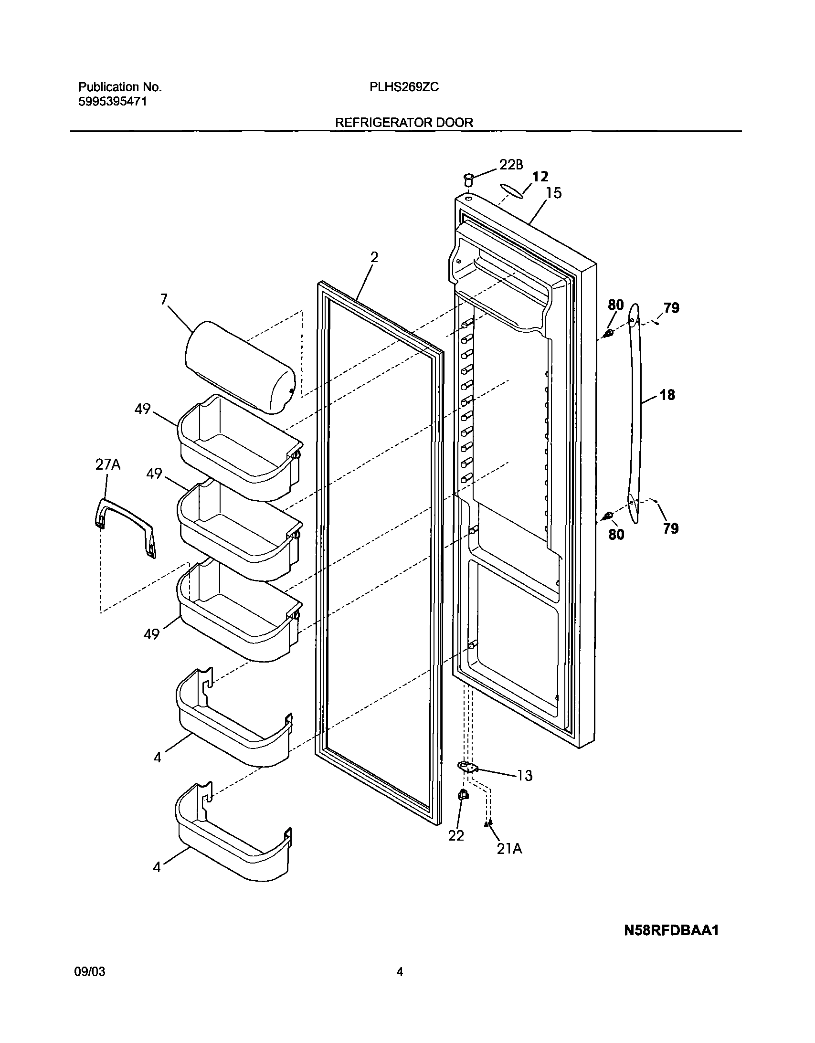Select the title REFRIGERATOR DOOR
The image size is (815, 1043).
click(x=404, y=123)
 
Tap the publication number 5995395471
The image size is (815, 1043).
click(x=112, y=101)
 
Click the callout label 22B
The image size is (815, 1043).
click(x=511, y=165)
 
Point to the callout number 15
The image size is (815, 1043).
click(x=554, y=193)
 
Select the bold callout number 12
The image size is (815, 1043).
click(x=540, y=177)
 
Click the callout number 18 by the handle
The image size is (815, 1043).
click(x=667, y=395)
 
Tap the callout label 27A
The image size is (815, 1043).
click(x=107, y=464)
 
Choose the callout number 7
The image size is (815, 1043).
click(x=164, y=299)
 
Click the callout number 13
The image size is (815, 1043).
click(x=525, y=776)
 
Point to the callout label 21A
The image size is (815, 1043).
click(x=509, y=849)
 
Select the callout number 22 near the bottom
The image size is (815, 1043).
click(x=456, y=835)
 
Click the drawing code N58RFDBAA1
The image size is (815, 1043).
click(x=671, y=930)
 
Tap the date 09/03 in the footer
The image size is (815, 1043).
click(x=90, y=984)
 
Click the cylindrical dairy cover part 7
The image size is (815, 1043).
click(x=239, y=365)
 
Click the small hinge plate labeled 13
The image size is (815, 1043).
click(x=468, y=767)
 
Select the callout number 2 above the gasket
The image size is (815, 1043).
click(x=374, y=257)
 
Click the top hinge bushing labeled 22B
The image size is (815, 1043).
click(x=469, y=180)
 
